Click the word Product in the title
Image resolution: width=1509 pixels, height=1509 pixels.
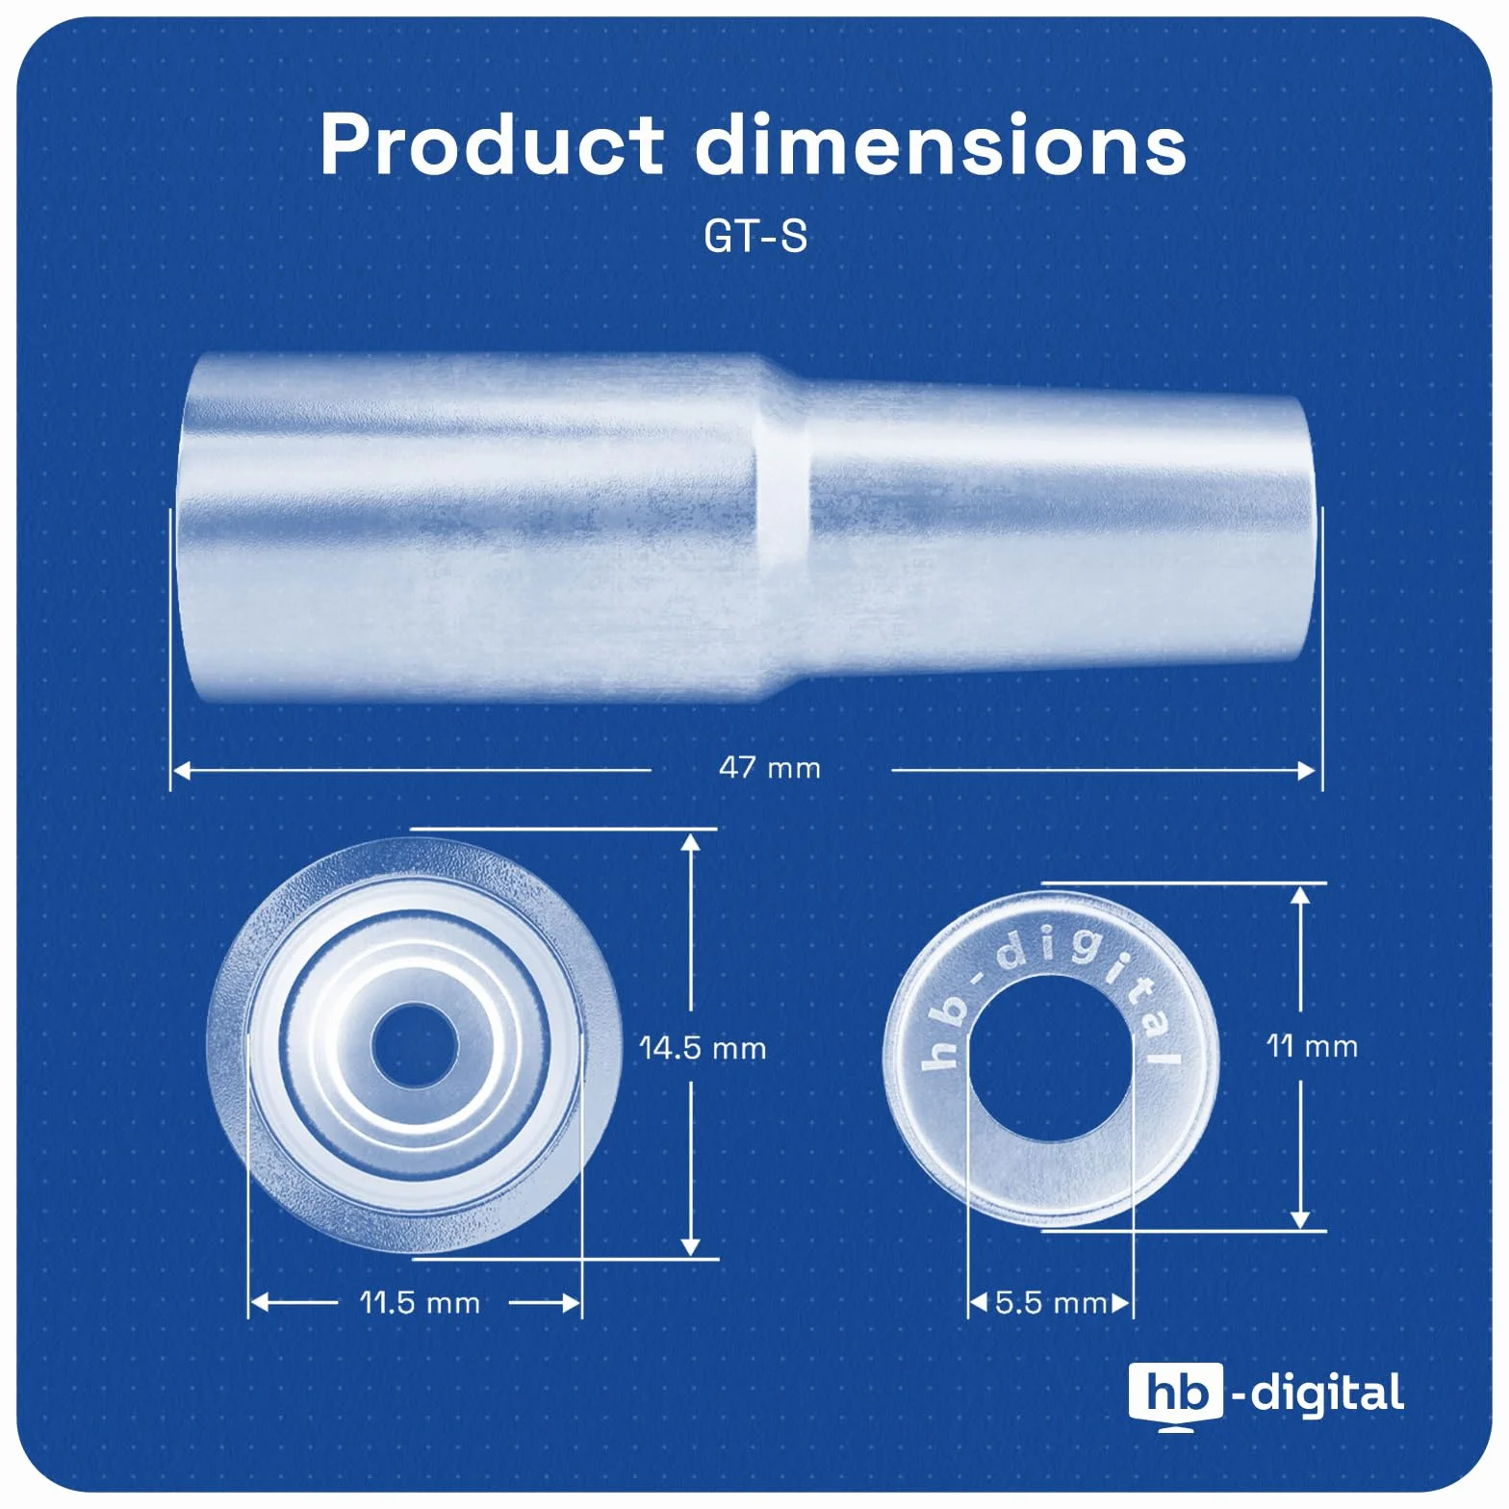tap(492, 144)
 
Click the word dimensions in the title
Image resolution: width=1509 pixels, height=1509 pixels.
tap(941, 144)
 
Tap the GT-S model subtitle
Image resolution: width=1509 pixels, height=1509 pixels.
tap(755, 237)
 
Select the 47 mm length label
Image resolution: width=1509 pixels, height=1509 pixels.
tap(770, 768)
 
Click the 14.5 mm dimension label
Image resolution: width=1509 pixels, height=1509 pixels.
tap(703, 1048)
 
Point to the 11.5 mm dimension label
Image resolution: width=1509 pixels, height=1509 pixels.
tap(420, 1303)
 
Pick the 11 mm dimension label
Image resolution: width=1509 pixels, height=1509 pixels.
tap(1312, 1046)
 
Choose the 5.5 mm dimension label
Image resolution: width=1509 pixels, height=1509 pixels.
tap(1051, 1303)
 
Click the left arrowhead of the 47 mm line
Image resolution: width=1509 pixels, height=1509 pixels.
tap(181, 770)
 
